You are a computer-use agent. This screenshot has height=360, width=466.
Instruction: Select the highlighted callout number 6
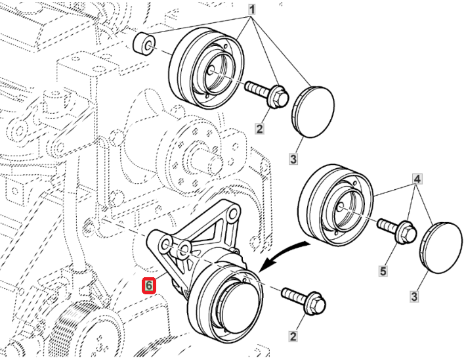point(149,286)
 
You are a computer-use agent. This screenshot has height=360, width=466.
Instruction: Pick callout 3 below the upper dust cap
point(293,159)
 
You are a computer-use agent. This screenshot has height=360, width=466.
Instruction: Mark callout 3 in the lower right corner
point(414,296)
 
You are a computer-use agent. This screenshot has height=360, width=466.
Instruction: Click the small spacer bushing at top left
point(144,43)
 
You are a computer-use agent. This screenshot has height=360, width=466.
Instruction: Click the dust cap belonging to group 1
point(313,111)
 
